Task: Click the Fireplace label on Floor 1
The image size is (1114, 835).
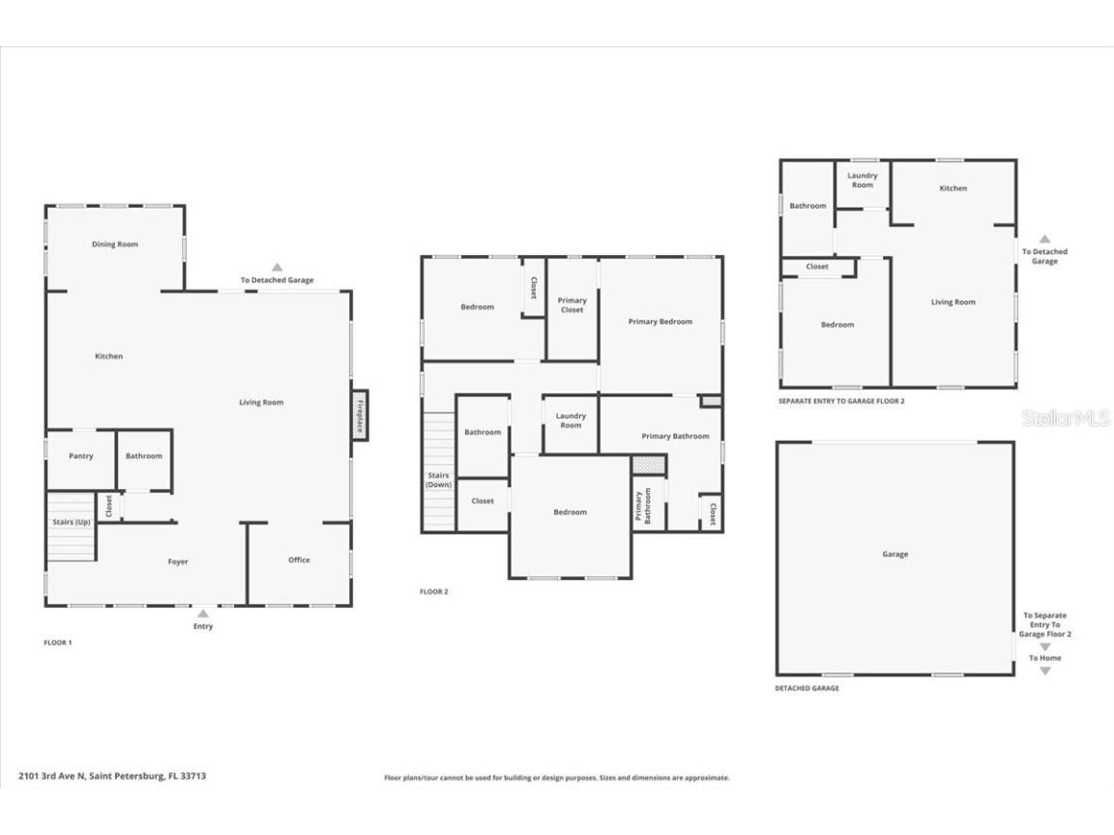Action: [x=360, y=416]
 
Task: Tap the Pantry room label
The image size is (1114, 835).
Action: [x=81, y=456]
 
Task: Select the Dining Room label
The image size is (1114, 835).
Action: [x=115, y=245]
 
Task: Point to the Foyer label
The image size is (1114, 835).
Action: [x=178, y=561]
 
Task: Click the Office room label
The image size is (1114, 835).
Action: [x=299, y=560]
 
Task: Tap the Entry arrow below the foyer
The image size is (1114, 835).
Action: [x=203, y=613]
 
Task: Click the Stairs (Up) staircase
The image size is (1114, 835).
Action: [x=71, y=527]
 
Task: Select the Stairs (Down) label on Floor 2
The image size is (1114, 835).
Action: [x=439, y=479]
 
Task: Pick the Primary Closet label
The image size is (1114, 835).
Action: [x=572, y=305]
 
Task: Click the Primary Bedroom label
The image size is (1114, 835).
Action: [x=660, y=322]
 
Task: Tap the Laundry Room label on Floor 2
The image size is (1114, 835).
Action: [x=571, y=420]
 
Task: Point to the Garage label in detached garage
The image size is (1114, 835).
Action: [x=894, y=555]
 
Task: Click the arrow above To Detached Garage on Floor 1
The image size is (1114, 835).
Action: [x=277, y=267]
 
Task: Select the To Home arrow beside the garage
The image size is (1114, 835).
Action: [x=1044, y=671]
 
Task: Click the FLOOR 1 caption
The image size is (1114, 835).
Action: [x=58, y=642]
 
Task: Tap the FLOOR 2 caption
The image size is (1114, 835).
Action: [x=434, y=591]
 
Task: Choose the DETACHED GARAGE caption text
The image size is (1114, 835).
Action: [x=806, y=688]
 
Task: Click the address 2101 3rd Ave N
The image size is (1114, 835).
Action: [x=112, y=775]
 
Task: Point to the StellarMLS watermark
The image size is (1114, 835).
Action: [x=1067, y=417]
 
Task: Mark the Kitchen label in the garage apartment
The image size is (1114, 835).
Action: [x=953, y=188]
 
